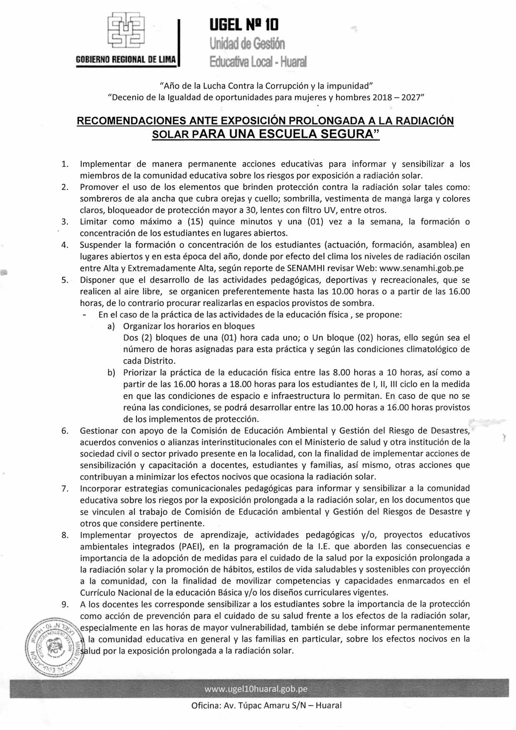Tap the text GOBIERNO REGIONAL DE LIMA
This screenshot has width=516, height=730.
(x=126, y=60)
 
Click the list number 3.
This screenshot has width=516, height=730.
(x=64, y=222)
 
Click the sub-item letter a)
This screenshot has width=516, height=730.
(x=111, y=326)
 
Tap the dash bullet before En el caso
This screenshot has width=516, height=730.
(x=85, y=315)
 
